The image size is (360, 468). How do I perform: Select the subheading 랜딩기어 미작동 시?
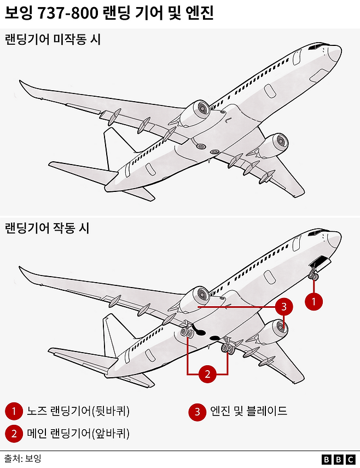pyautogui.click(x=53, y=39)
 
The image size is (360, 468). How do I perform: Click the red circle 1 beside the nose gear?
pyautogui.click(x=313, y=301)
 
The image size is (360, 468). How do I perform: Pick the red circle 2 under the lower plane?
pyautogui.click(x=207, y=374)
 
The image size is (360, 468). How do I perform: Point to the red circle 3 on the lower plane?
pyautogui.click(x=283, y=307)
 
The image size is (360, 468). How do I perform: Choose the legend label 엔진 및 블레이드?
pyautogui.click(x=248, y=411)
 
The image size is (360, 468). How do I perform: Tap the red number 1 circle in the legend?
pyautogui.click(x=13, y=411)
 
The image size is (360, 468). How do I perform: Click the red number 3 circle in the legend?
pyautogui.click(x=198, y=411)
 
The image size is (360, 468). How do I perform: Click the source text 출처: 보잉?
pyautogui.click(x=23, y=458)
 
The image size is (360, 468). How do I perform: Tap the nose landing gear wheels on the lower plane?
pyautogui.click(x=313, y=276)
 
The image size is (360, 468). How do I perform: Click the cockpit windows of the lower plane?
pyautogui.click(x=316, y=233)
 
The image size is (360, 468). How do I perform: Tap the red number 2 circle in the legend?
pyautogui.click(x=13, y=434)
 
